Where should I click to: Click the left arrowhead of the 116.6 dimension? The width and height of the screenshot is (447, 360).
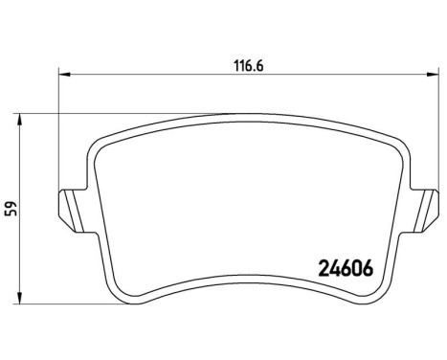tap(64, 72)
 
